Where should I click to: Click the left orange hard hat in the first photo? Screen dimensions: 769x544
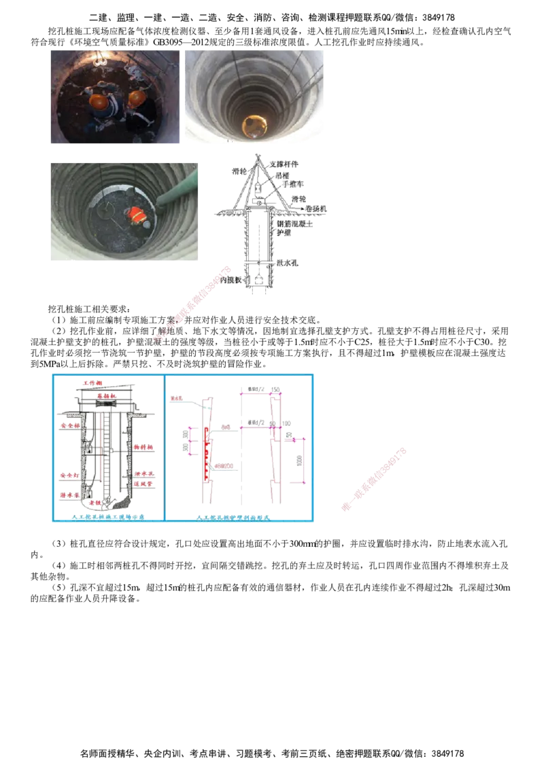click(x=99, y=102)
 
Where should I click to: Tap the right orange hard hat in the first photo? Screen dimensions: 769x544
click(x=137, y=99)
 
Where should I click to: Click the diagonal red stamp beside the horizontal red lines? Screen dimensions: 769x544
click(x=374, y=478)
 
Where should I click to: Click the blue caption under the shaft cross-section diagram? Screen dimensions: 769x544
click(x=109, y=518)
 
